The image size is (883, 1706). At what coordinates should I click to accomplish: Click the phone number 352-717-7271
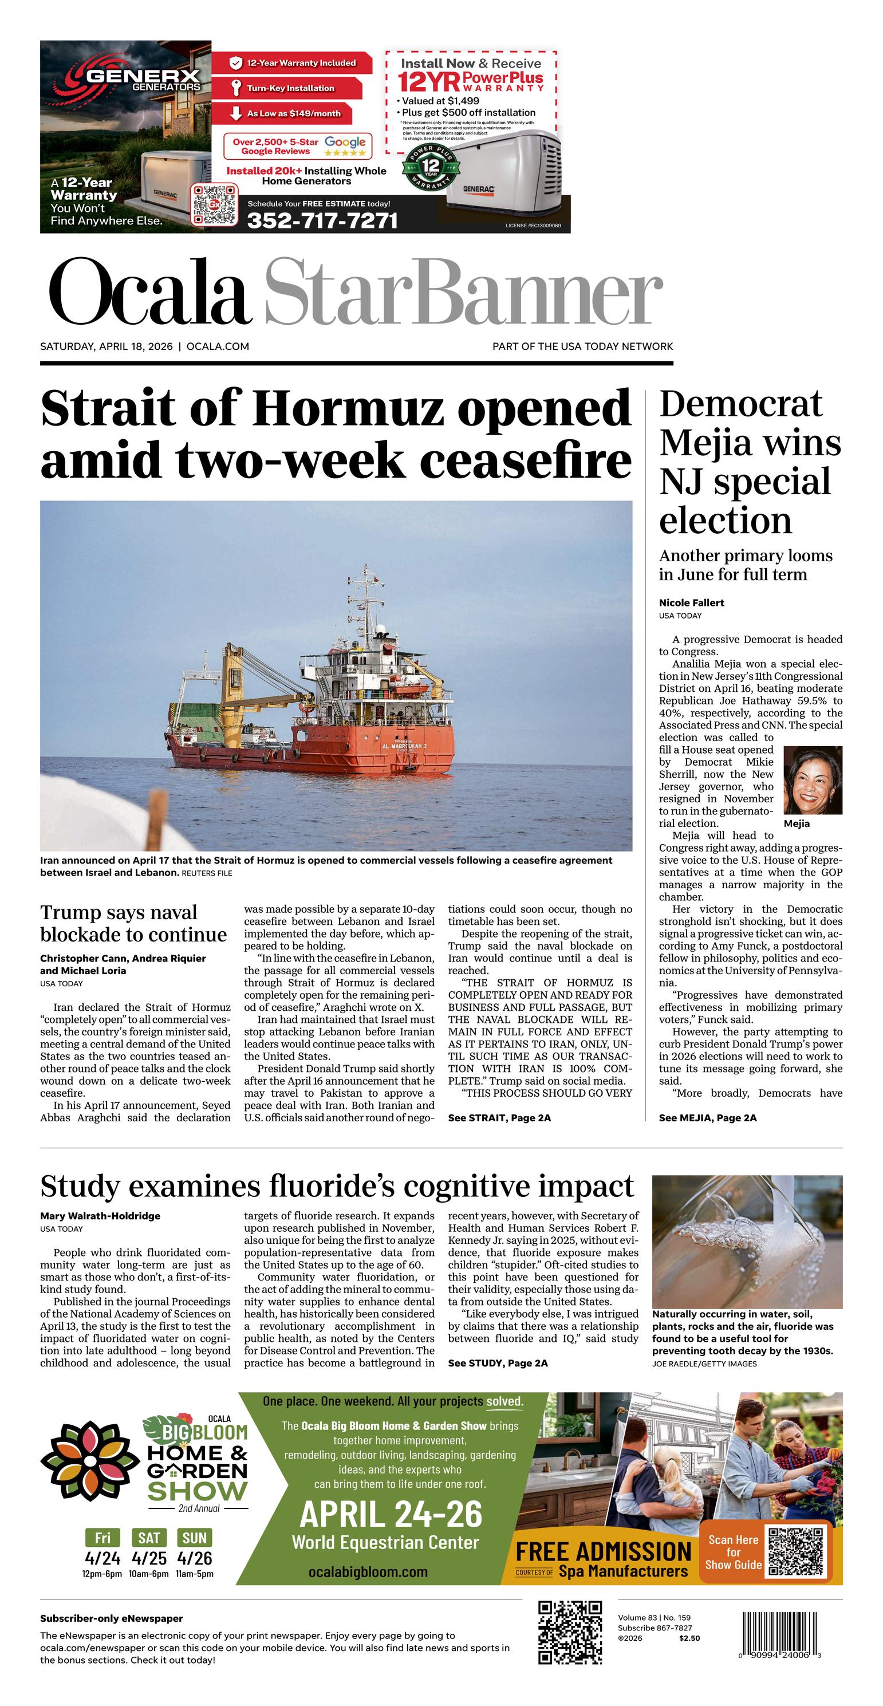[x=322, y=220]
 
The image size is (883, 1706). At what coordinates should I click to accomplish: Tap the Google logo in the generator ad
[x=345, y=141]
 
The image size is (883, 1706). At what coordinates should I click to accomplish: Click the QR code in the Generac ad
[x=215, y=204]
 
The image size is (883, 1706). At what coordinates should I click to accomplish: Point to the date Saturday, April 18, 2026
[x=106, y=346]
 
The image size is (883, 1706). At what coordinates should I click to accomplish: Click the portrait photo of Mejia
[x=813, y=779]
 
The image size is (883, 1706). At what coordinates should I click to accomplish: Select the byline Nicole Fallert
[x=691, y=602]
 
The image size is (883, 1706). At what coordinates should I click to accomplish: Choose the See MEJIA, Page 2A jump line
[x=707, y=1118]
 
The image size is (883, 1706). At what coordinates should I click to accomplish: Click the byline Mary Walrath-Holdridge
[x=100, y=1216]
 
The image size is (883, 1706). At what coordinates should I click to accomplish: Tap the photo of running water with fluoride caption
[x=747, y=1241]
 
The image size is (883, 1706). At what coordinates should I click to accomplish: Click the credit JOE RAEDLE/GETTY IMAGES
[x=704, y=1364]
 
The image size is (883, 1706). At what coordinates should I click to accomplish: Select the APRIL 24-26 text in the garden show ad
[x=391, y=1515]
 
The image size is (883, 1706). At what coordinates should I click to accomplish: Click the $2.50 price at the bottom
[x=689, y=1638]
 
